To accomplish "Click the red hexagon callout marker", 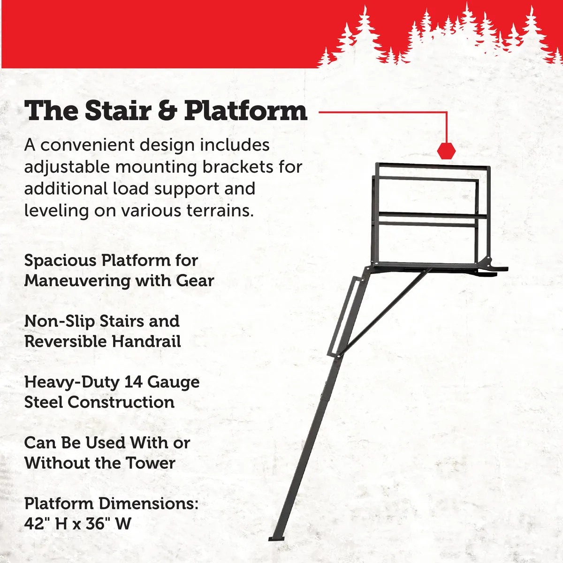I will tap(446, 151).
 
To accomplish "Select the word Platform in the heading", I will tap(245, 111).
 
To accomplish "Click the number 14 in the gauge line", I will tap(133, 382).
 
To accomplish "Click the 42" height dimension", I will tap(37, 524).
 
